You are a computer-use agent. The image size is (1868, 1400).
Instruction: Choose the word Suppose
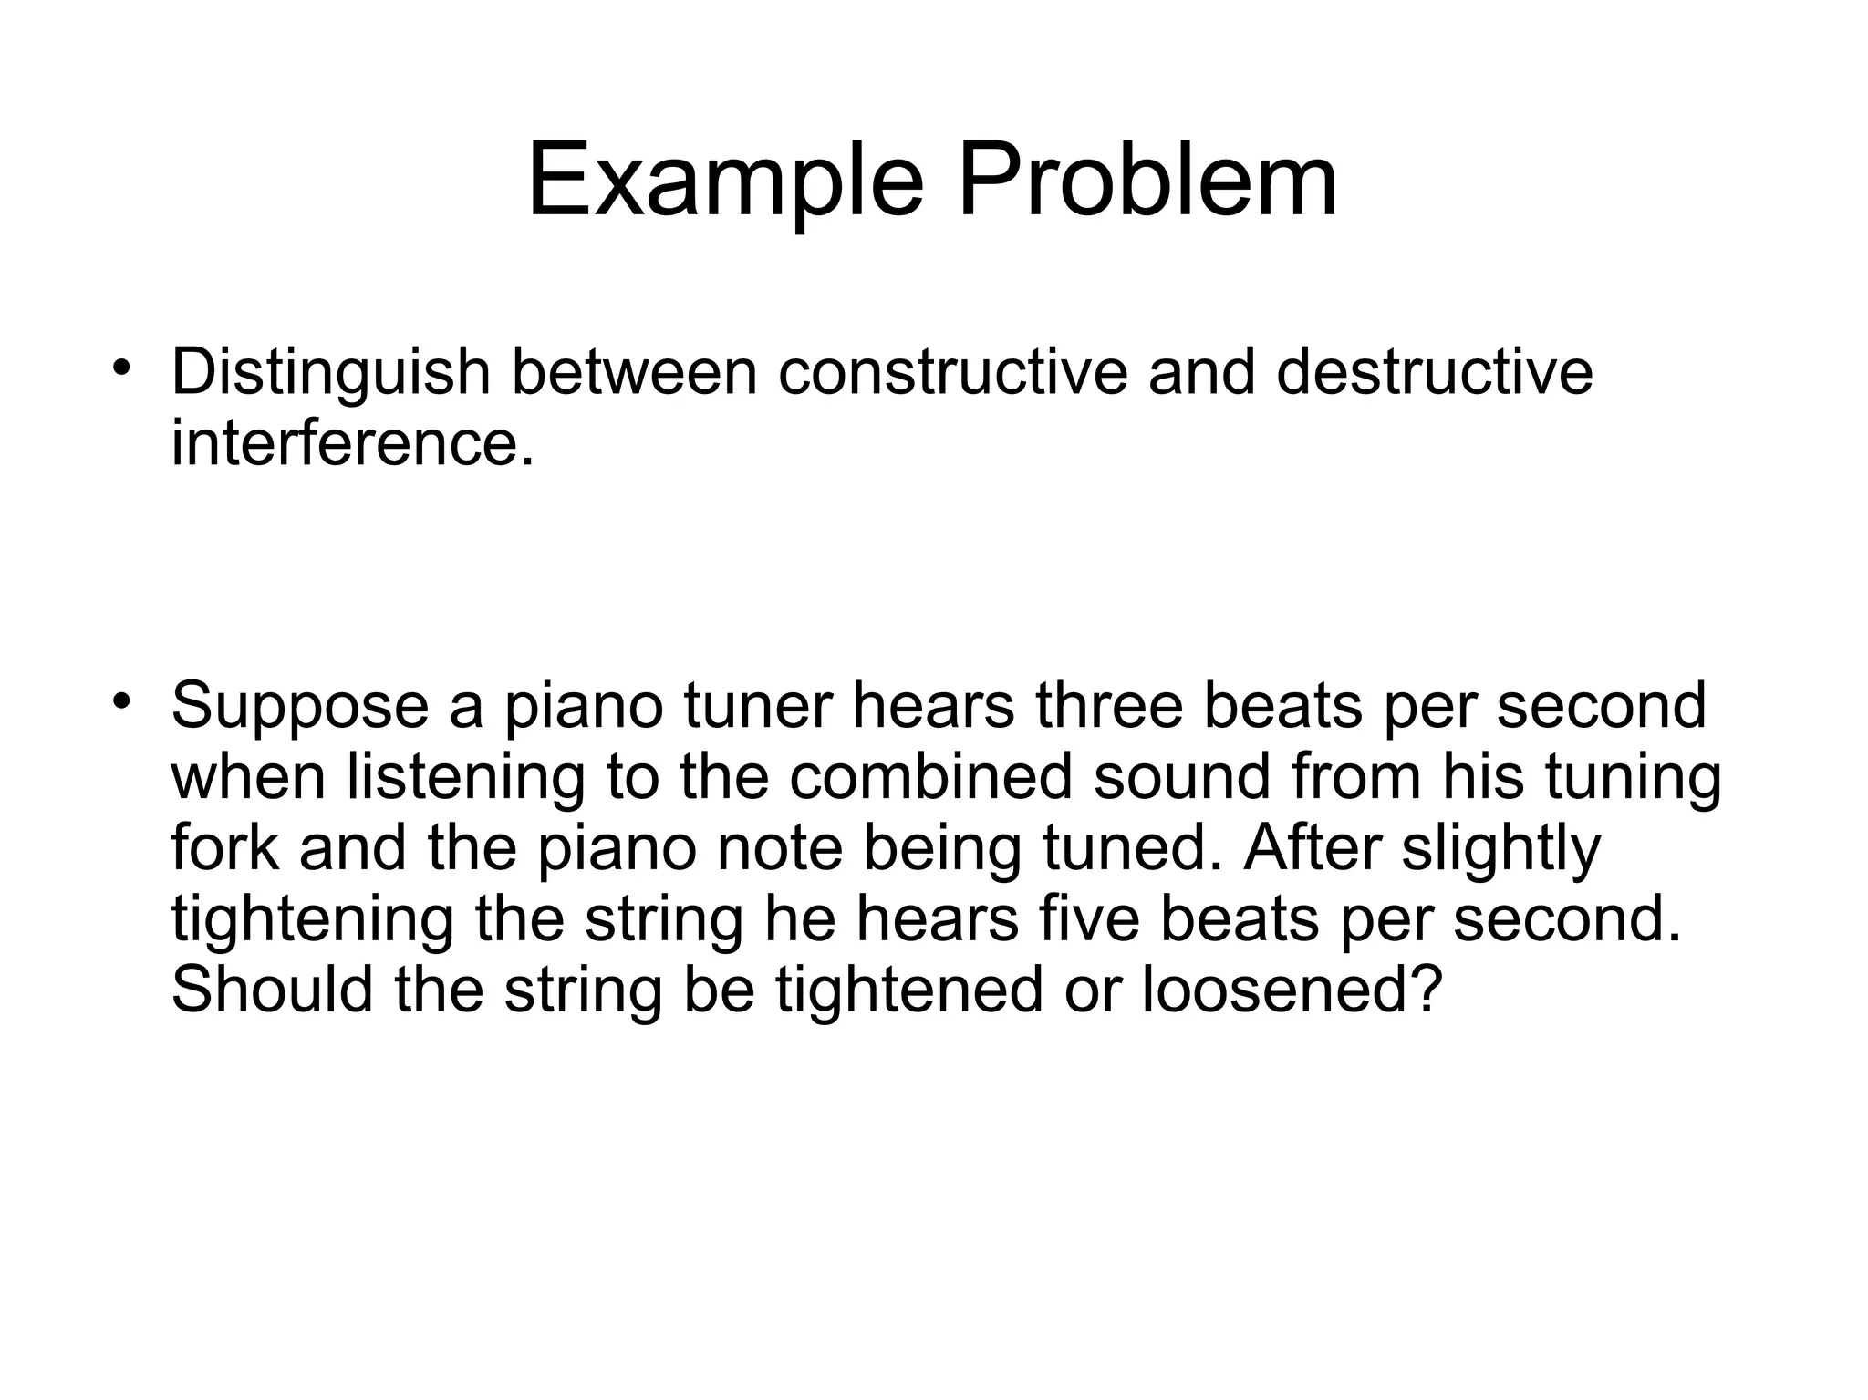299,707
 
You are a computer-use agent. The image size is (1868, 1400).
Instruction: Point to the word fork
224,847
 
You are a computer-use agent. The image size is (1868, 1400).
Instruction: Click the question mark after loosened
1427,990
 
